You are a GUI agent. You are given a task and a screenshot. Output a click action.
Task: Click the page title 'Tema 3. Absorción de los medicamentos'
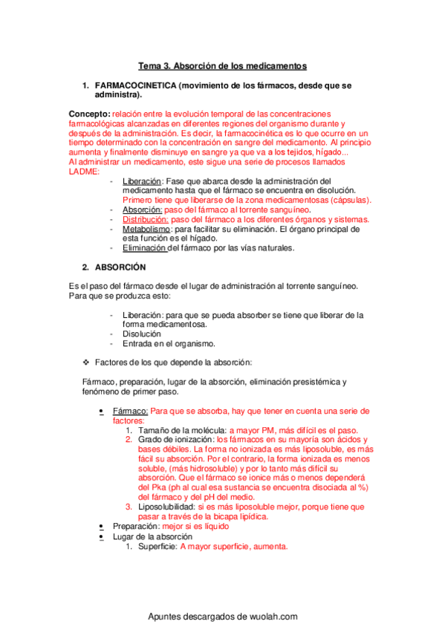223,66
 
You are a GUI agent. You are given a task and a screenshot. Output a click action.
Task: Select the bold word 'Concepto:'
88,113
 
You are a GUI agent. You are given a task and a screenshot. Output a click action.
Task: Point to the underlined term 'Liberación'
141,181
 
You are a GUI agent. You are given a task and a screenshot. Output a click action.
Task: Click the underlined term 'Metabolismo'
147,230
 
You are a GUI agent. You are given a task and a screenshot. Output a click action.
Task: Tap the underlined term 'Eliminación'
145,248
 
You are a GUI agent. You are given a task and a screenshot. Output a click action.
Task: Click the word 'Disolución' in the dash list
141,334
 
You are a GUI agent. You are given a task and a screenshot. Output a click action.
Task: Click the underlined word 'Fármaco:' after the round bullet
130,411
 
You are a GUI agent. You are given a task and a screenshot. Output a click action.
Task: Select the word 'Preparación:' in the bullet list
136,526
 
